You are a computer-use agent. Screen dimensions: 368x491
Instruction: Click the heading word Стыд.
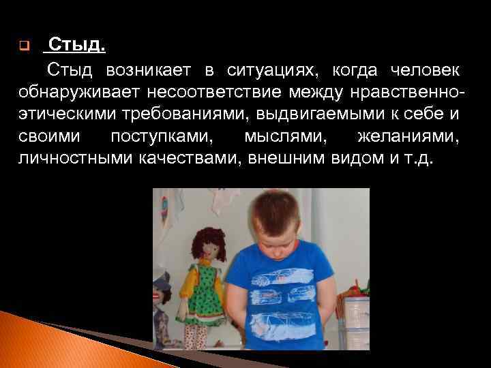point(77,46)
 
